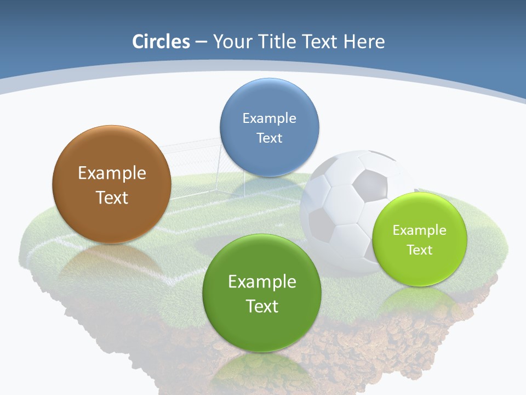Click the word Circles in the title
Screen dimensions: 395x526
point(161,42)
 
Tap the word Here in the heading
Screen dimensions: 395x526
point(364,42)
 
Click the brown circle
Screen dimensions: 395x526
point(112,184)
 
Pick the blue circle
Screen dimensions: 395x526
point(269,127)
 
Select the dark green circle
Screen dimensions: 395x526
point(262,293)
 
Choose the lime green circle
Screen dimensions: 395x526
point(420,239)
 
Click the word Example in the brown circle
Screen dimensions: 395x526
point(112,173)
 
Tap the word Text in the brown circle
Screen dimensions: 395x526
point(112,198)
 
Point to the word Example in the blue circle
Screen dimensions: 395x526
point(269,118)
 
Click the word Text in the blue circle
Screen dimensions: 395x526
point(269,138)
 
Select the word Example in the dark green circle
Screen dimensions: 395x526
point(262,282)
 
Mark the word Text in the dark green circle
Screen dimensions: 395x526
point(262,306)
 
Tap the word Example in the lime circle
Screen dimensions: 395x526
point(420,230)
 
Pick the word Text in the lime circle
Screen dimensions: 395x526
point(420,250)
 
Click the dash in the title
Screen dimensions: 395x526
point(201,42)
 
